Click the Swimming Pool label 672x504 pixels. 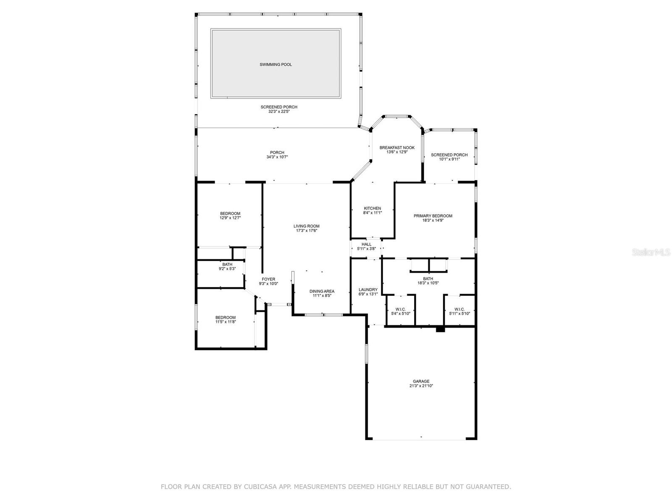pos(276,65)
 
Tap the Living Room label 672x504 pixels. pos(306,226)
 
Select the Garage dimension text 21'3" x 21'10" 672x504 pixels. pos(421,386)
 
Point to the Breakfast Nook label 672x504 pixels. pos(397,147)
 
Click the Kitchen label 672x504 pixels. pos(372,208)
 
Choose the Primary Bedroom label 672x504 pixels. pos(433,216)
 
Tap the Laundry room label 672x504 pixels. pos(368,289)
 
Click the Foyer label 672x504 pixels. pos(268,279)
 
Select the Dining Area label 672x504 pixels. pos(322,291)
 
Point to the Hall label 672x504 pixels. pos(366,244)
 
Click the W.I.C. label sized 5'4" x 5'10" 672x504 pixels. pos(400,310)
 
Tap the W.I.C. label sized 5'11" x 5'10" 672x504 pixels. pos(459,310)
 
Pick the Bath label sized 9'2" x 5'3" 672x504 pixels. pos(227,265)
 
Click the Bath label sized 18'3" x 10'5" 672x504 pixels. pos(428,278)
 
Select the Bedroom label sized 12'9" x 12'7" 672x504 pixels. pos(230,214)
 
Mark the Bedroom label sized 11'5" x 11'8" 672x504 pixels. pos(225,318)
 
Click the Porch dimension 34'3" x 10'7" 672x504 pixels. pos(277,157)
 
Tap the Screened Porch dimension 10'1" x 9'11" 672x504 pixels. pos(449,159)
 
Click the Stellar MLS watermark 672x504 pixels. pos(651,252)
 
